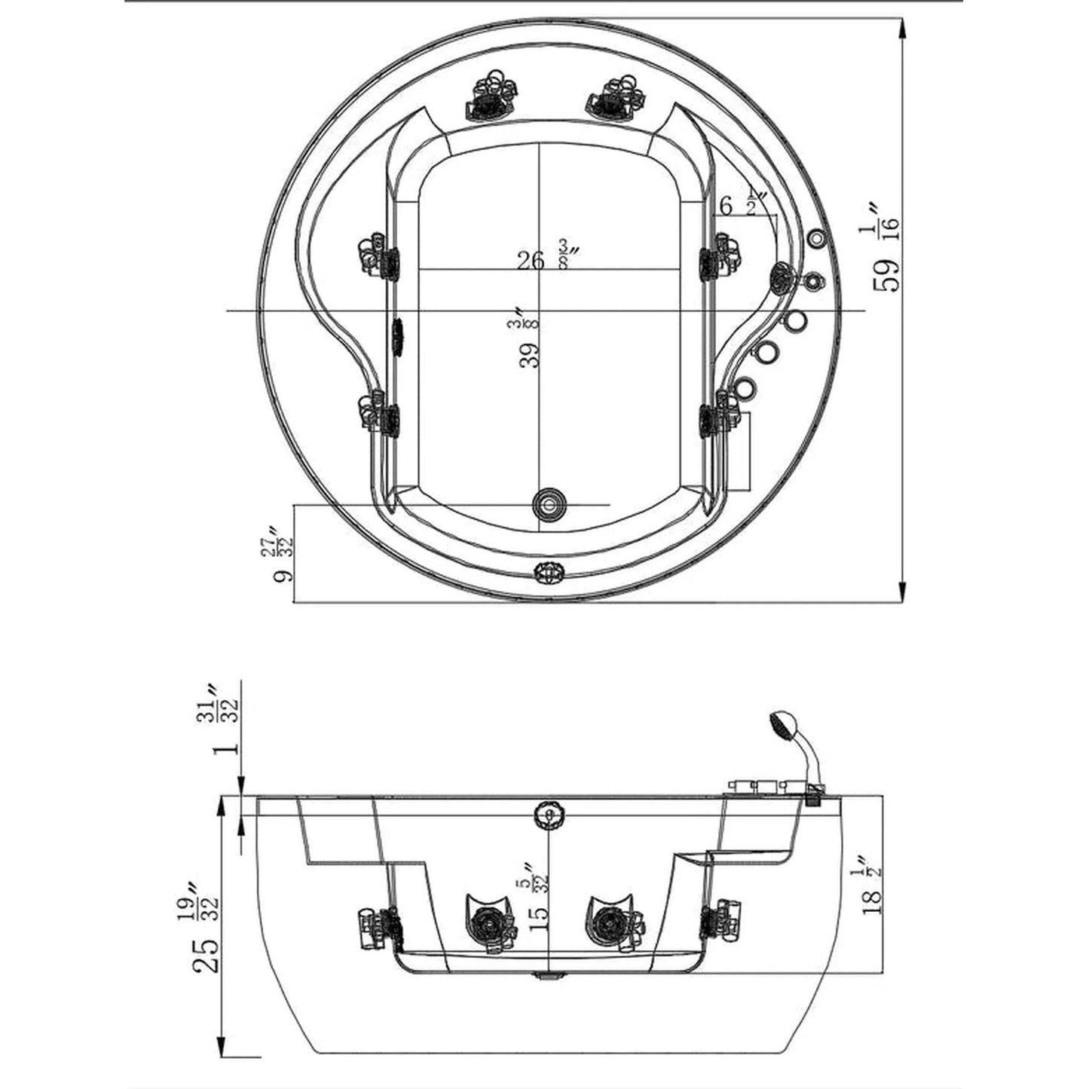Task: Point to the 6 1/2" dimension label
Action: click(742, 203)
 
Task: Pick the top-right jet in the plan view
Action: click(614, 97)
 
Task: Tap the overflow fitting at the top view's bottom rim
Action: click(547, 573)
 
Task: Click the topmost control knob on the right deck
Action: click(816, 238)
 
